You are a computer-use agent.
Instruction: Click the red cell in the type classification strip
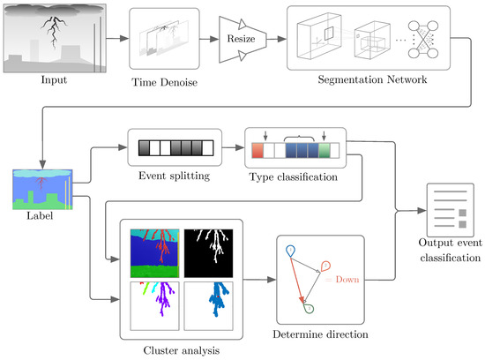pyautogui.click(x=258, y=150)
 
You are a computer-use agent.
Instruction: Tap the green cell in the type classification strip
pyautogui.click(x=325, y=150)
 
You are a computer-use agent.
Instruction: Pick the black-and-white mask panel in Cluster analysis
pyautogui.click(x=209, y=251)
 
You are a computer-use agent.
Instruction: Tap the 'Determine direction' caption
pyautogui.click(x=321, y=335)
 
